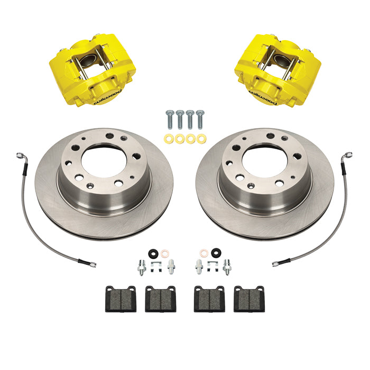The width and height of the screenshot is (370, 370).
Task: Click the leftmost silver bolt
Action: (x=169, y=120)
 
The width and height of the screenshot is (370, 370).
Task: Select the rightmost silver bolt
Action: (x=199, y=120)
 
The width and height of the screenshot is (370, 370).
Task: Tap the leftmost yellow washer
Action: (x=168, y=139)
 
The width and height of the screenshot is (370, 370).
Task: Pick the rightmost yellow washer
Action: (x=200, y=139)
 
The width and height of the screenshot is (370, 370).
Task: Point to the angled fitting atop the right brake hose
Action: (x=348, y=156)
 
